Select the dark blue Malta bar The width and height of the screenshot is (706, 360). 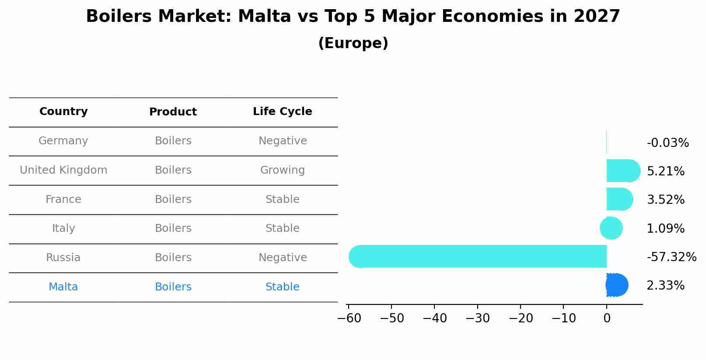617,285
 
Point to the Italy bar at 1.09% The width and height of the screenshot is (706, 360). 611,228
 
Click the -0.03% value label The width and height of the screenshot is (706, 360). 668,143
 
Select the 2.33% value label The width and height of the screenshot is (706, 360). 665,286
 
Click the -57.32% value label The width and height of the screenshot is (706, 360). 671,257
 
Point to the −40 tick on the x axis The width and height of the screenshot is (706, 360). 434,318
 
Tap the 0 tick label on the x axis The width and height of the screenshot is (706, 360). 607,318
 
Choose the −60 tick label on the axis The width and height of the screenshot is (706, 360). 349,318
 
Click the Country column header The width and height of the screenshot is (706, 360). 63,112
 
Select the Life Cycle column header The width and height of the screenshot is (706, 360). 282,112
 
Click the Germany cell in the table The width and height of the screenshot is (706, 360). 63,141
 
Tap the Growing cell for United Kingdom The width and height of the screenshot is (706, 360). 282,170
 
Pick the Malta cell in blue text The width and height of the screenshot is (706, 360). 63,287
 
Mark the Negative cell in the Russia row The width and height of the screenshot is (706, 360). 282,258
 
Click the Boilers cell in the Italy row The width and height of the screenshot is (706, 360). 173,228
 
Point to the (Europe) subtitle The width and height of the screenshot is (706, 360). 353,43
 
